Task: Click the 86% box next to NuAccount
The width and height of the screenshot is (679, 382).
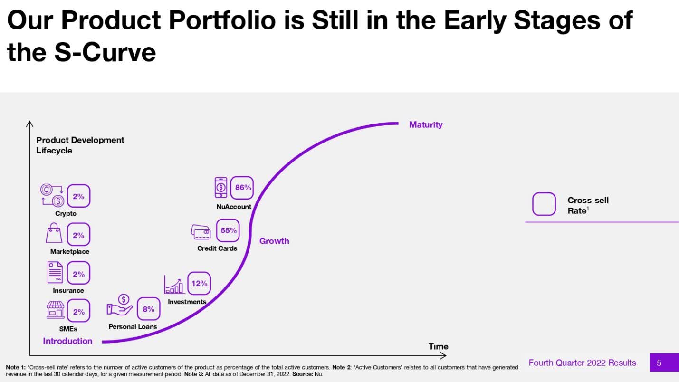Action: tap(242, 188)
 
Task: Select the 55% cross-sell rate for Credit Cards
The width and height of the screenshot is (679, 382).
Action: tap(228, 230)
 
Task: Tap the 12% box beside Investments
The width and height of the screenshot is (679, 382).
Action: tap(199, 284)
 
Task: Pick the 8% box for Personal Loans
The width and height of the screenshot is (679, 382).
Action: tap(148, 309)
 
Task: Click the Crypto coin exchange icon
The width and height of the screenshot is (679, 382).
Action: tap(52, 195)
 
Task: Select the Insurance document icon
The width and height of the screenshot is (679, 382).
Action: tap(55, 272)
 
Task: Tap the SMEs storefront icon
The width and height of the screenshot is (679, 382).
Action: tap(55, 310)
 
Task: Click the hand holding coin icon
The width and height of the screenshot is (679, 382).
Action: tap(120, 305)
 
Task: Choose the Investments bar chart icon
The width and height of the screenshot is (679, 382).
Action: tap(174, 284)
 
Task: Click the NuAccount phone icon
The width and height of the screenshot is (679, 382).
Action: tap(221, 187)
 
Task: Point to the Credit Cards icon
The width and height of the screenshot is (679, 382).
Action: tap(201, 231)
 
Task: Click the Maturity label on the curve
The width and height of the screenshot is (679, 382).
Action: tap(425, 125)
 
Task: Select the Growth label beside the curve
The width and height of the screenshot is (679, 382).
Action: tap(274, 241)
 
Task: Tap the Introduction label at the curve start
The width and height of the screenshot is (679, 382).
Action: tap(67, 341)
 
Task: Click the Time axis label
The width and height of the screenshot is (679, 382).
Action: tap(438, 346)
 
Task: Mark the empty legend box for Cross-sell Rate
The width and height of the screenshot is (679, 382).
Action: tap(544, 204)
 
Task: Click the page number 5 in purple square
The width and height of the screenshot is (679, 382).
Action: tap(659, 363)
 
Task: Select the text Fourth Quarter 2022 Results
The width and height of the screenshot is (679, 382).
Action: tap(582, 363)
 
